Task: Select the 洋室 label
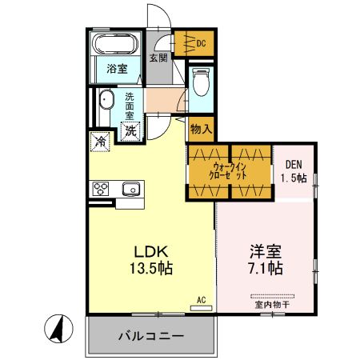tap(264, 249)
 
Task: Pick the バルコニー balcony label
tap(153, 336)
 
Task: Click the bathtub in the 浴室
tap(117, 45)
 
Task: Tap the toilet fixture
tap(200, 82)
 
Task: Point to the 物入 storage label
tap(200, 128)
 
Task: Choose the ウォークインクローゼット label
tap(229, 170)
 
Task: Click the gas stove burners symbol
tap(102, 190)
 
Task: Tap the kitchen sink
tap(130, 190)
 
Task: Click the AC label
tap(202, 300)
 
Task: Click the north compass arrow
tap(57, 329)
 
